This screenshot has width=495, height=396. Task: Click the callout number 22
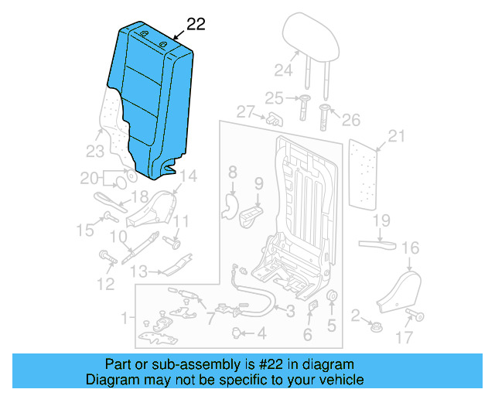[x=196, y=24]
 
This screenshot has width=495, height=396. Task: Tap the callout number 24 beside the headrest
[x=282, y=72]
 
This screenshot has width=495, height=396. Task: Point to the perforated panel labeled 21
[x=367, y=173]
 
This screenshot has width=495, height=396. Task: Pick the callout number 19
[x=381, y=221]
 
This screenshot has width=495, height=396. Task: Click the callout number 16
[x=410, y=247]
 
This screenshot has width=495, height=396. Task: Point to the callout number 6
[x=307, y=335]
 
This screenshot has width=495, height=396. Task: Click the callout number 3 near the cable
[x=289, y=312]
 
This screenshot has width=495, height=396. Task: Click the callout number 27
[x=245, y=112]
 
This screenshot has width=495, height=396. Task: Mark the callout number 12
[x=105, y=284]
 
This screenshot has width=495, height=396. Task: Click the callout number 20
[x=90, y=178]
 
